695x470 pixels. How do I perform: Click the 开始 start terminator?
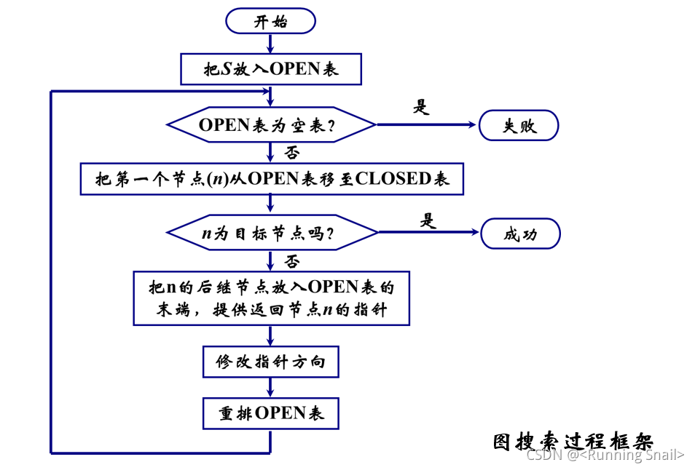click(x=270, y=21)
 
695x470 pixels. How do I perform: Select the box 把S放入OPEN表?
click(x=270, y=69)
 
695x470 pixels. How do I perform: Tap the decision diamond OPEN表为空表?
click(x=271, y=125)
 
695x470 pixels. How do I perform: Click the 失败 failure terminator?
click(x=518, y=125)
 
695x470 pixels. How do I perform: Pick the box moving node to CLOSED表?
click(x=270, y=178)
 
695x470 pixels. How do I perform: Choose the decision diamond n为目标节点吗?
click(x=272, y=234)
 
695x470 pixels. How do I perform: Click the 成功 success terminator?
click(x=519, y=234)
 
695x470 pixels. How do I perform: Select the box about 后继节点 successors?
click(x=270, y=298)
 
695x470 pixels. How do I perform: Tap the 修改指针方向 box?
click(x=270, y=362)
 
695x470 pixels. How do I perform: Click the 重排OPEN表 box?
click(x=270, y=413)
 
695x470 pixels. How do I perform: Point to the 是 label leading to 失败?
click(x=422, y=107)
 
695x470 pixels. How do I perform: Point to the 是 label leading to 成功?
click(x=428, y=220)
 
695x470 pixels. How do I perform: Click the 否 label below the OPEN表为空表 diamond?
click(x=292, y=152)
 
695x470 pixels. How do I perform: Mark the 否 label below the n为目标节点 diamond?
click(x=292, y=260)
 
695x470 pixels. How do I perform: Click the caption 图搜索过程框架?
click(x=573, y=440)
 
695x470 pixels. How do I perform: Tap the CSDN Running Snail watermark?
click(x=605, y=455)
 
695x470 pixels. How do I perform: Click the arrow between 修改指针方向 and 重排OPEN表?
click(x=270, y=387)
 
